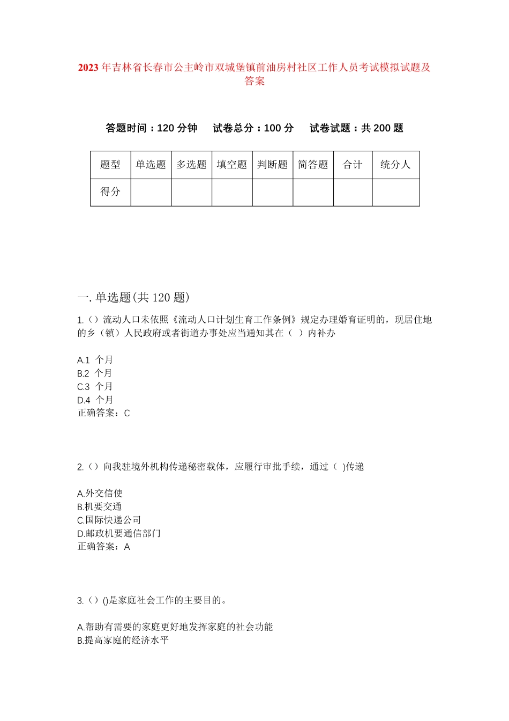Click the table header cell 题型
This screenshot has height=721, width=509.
click(110, 165)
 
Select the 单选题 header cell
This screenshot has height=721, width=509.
click(151, 165)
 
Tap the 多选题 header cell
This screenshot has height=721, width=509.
click(192, 165)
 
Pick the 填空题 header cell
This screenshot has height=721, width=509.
click(232, 165)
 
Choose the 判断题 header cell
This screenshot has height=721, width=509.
click(273, 165)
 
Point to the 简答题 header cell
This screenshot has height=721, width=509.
click(313, 165)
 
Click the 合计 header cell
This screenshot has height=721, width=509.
click(353, 165)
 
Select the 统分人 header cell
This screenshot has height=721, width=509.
click(395, 165)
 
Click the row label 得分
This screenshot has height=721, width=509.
click(110, 192)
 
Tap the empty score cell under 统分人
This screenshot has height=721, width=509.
click(395, 192)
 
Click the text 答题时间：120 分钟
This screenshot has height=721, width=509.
click(152, 128)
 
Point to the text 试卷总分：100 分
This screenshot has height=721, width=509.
click(253, 128)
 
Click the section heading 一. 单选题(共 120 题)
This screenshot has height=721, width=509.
click(133, 298)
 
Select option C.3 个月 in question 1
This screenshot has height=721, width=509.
click(95, 387)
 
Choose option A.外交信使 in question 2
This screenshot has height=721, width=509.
click(100, 494)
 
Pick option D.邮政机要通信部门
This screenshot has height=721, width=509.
click(119, 534)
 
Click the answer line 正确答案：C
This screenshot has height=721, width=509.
click(104, 413)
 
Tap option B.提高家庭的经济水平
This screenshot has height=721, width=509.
click(123, 641)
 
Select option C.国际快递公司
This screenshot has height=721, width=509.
click(109, 520)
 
